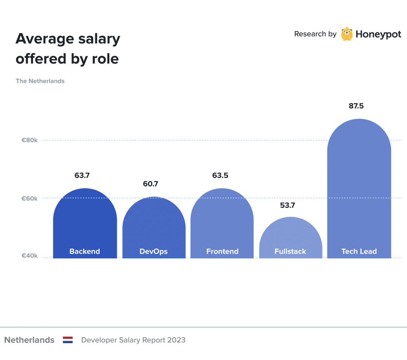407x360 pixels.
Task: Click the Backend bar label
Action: pyautogui.click(x=85, y=251)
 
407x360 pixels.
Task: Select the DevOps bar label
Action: pyautogui.click(x=154, y=251)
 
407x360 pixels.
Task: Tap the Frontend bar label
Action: pyautogui.click(x=222, y=251)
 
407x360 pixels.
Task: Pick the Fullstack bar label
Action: pyautogui.click(x=290, y=251)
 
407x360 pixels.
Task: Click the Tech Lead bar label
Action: pyautogui.click(x=359, y=251)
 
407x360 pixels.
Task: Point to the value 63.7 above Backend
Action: pyautogui.click(x=82, y=175)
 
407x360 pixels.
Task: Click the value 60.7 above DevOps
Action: pyautogui.click(x=151, y=184)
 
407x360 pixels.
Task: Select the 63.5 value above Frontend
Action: pyautogui.click(x=220, y=175)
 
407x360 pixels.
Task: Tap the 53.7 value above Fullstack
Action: pyautogui.click(x=288, y=205)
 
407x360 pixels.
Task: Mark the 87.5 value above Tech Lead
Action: pyautogui.click(x=356, y=106)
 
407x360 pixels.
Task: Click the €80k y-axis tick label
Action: pyautogui.click(x=30, y=140)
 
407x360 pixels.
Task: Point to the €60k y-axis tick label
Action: pyautogui.click(x=30, y=198)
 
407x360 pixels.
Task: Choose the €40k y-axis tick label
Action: pyautogui.click(x=30, y=256)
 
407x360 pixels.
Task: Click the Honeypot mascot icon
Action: pyautogui.click(x=347, y=34)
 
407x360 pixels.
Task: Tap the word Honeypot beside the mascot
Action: pyautogui.click(x=378, y=34)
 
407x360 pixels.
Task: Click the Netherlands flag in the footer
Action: pyautogui.click(x=68, y=340)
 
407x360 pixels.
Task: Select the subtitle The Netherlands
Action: pyautogui.click(x=40, y=81)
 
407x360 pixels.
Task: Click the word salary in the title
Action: pyautogui.click(x=99, y=39)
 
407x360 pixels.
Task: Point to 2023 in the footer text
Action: pyautogui.click(x=176, y=340)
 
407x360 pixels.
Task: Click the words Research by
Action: pyautogui.click(x=315, y=34)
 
